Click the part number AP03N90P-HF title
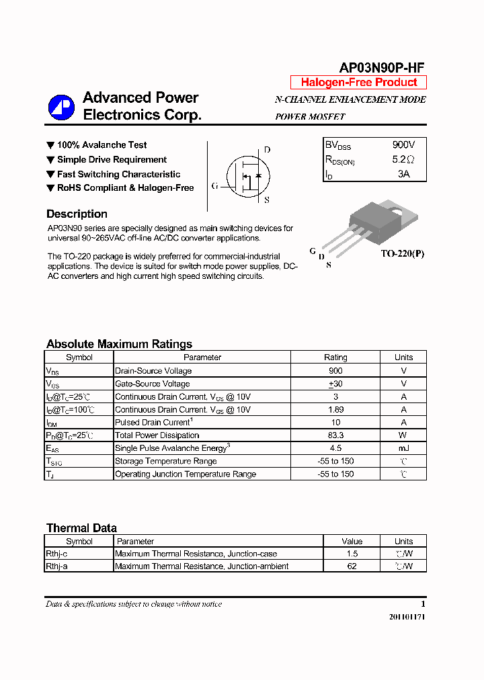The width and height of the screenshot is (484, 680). pyautogui.click(x=381, y=67)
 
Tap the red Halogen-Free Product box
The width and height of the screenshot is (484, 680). pyautogui.click(x=358, y=83)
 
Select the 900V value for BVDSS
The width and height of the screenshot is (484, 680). pyautogui.click(x=403, y=145)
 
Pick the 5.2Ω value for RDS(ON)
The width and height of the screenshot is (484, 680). pyautogui.click(x=403, y=160)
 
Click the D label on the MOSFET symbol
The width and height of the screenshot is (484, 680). pyautogui.click(x=267, y=150)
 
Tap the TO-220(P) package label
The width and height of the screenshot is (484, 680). pyautogui.click(x=403, y=254)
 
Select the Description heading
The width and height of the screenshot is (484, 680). pyautogui.click(x=77, y=214)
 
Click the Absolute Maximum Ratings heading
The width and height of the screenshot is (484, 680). pyautogui.click(x=119, y=344)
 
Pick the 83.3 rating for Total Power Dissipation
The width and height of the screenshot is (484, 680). pyautogui.click(x=335, y=435)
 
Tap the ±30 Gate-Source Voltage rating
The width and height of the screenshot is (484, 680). pyautogui.click(x=335, y=384)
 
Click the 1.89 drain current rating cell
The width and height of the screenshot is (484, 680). pyautogui.click(x=335, y=410)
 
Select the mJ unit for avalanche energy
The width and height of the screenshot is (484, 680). pyautogui.click(x=403, y=448)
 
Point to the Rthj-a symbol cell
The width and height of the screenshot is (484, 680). pyautogui.click(x=57, y=566)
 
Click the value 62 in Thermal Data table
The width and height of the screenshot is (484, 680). pyautogui.click(x=352, y=566)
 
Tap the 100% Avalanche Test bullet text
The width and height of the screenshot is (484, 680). pyautogui.click(x=102, y=145)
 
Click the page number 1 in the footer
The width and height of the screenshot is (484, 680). pyautogui.click(x=423, y=604)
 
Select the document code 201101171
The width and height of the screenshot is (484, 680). pyautogui.click(x=407, y=617)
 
